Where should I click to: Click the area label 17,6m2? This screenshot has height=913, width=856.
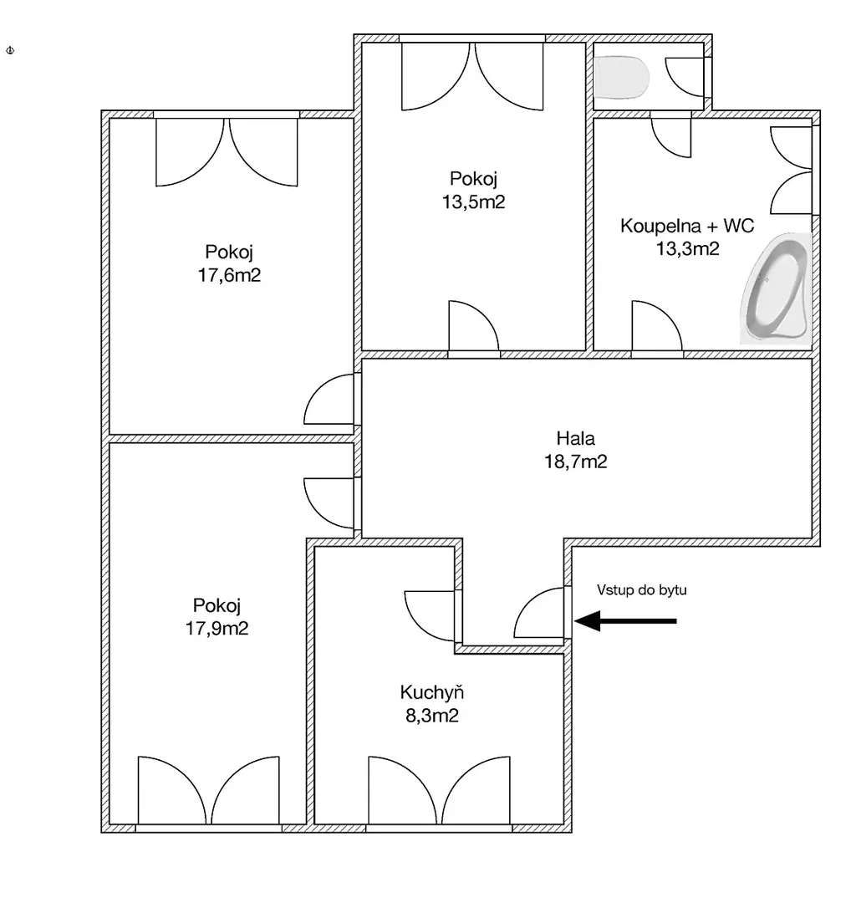229,275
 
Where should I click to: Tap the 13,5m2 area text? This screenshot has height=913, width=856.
473,201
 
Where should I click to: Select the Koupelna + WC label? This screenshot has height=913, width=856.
687,226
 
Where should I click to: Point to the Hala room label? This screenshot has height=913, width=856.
575,438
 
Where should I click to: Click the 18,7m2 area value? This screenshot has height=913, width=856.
575,462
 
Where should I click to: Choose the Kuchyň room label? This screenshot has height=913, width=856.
431,692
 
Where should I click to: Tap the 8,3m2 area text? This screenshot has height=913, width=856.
431,715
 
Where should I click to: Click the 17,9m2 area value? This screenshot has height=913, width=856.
217,628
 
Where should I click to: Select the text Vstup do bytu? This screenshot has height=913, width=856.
642,589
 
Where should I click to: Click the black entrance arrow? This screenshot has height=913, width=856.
625,620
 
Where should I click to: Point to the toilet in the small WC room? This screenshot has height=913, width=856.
622,77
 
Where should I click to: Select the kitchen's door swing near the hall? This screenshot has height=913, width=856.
429,615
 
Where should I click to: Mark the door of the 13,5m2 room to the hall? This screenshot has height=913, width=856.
474,326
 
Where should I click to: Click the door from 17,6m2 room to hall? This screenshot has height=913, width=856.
329,400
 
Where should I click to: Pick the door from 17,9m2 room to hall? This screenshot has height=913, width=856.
329,503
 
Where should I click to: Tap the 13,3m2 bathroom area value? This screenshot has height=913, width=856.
687,248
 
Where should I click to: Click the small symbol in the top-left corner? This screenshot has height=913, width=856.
10,51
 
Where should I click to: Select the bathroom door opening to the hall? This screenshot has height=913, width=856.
657,326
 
